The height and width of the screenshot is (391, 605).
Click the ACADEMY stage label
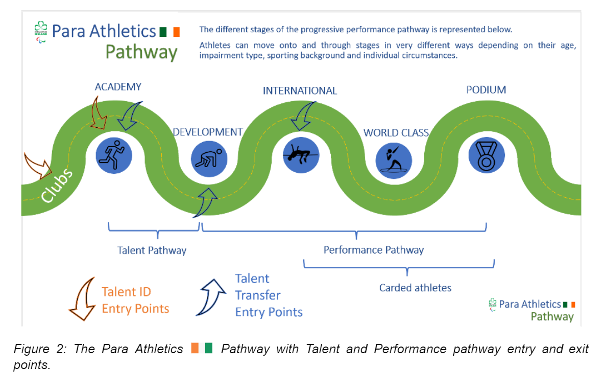[x=118, y=87]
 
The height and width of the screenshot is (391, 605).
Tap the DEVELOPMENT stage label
[x=207, y=132]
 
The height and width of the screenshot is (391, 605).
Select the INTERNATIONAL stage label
[x=300, y=91]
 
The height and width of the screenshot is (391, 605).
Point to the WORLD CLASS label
[x=396, y=133]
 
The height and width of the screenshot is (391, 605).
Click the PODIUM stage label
[x=486, y=90]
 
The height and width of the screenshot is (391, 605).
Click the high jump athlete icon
[x=301, y=154]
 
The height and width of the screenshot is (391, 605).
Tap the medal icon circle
[x=487, y=155]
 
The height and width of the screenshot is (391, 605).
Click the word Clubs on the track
[x=57, y=187]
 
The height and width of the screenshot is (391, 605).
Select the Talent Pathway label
[x=152, y=250]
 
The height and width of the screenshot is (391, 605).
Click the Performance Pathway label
[x=373, y=250]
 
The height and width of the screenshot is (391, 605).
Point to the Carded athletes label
[x=415, y=288]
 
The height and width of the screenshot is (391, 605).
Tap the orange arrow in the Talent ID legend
[x=83, y=299]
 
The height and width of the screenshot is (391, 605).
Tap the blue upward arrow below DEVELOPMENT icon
[x=206, y=199]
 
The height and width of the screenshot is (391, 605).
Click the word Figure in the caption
[x=30, y=349]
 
